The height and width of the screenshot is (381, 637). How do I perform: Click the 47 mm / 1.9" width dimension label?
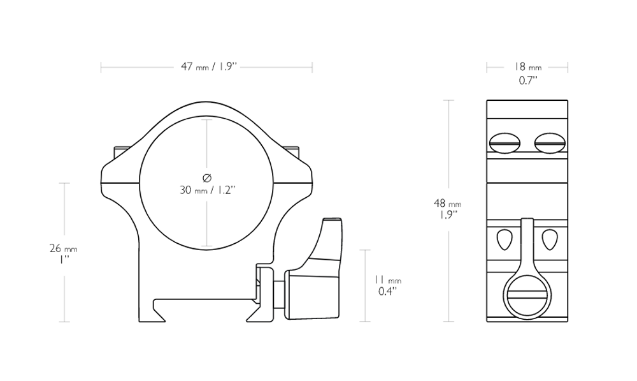pyautogui.click(x=209, y=67)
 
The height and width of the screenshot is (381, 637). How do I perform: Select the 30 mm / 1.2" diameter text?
pyautogui.click(x=208, y=190)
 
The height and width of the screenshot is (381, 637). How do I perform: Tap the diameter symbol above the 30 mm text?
pyautogui.click(x=207, y=178)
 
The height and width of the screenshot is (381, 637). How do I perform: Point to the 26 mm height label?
pyautogui.click(x=63, y=248)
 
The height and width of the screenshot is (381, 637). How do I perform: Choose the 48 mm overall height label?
pyautogui.click(x=448, y=203)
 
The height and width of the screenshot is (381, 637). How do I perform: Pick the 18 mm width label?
pyautogui.click(x=527, y=67)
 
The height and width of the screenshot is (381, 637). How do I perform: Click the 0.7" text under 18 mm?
pyautogui.click(x=527, y=80)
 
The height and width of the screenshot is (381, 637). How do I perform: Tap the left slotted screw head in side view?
pyautogui.click(x=505, y=143)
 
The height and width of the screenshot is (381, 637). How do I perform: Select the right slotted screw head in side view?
pyautogui.click(x=550, y=143)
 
